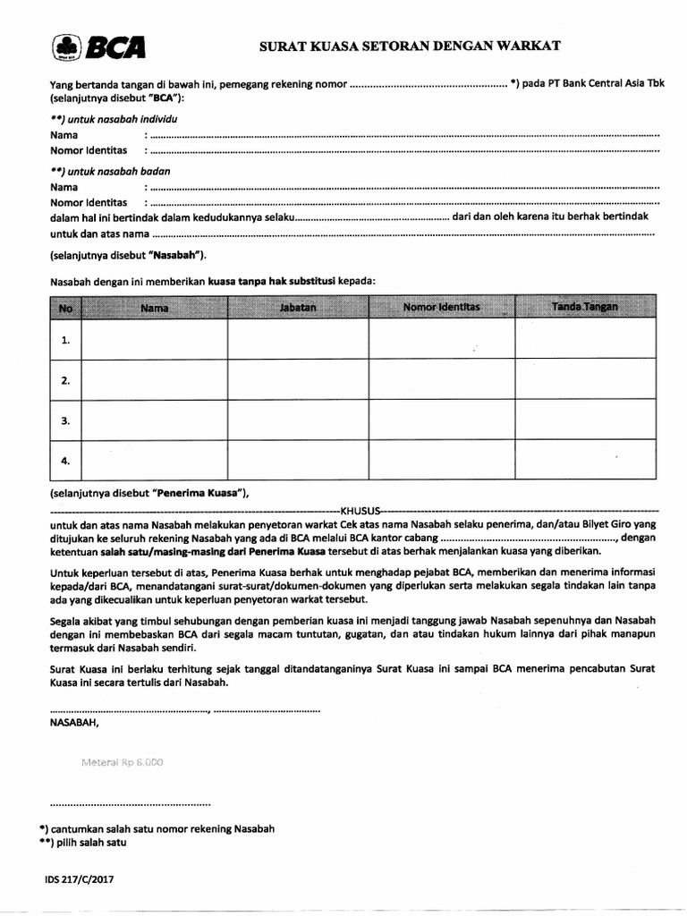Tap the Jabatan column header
click(297, 307)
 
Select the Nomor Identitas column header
click(442, 307)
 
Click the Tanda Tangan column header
click(585, 307)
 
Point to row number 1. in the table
click(65, 340)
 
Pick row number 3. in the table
click(65, 420)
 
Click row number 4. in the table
click(65, 461)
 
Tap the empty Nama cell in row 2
click(155, 380)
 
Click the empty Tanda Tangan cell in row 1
click(585, 340)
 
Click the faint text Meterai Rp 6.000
click(122, 762)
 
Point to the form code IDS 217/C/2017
click(79, 879)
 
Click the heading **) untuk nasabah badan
click(110, 171)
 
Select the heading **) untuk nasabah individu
click(114, 119)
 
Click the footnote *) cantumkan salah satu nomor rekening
click(157, 828)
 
